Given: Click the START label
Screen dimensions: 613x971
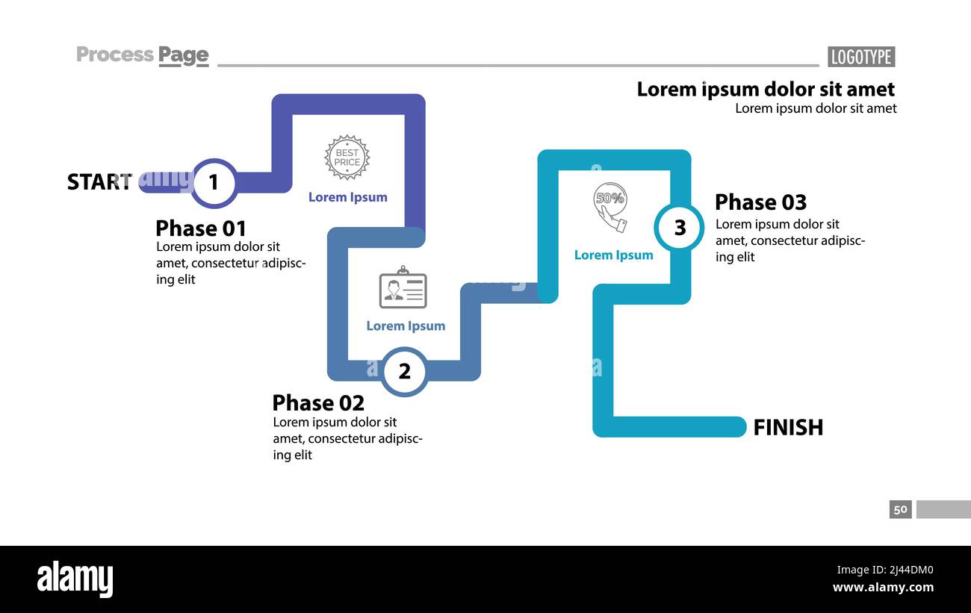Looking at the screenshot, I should [100, 181].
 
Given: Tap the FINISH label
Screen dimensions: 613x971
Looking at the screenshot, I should [788, 427].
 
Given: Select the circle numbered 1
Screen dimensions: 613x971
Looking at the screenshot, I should [214, 182].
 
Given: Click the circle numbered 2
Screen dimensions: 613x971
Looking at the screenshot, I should [405, 371].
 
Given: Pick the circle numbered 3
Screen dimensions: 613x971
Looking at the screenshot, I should [679, 227].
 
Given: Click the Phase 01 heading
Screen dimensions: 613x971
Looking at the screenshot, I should [200, 228].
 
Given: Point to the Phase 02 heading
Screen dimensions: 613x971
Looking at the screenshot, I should [318, 402].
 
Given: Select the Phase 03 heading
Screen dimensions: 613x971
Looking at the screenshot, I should [760, 202].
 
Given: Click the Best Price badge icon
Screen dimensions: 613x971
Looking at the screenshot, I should [347, 158].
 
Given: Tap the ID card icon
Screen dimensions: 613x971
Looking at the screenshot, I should [403, 287].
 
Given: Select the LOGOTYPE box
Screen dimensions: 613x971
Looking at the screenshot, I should [861, 57].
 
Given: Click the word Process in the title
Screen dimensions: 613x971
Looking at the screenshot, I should [114, 55].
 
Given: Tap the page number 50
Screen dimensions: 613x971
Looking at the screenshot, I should [900, 509].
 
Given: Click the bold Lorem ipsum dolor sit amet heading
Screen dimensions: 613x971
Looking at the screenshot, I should [766, 89].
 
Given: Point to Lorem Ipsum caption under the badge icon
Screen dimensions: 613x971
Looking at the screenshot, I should [348, 197].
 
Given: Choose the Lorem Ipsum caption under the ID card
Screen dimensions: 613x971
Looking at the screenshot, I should [406, 326].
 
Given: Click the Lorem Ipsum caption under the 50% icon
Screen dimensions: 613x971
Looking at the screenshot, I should [613, 255].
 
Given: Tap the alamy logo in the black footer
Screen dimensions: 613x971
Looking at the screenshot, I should [75, 579].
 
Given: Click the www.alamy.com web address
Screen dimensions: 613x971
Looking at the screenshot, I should [883, 587].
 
